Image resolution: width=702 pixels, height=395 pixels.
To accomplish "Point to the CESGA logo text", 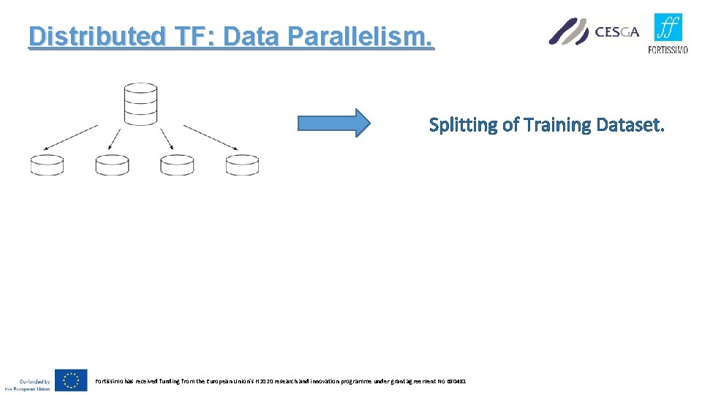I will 616,31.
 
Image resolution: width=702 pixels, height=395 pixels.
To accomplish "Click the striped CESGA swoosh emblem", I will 569,31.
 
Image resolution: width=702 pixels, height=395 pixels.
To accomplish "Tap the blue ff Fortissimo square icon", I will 668,29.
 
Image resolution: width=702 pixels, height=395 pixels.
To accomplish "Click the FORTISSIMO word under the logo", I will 668,50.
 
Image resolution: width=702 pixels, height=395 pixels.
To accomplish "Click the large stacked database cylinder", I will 140,104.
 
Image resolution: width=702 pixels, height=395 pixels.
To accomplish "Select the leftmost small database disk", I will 47,165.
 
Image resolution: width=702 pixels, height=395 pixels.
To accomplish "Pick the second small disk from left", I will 112,165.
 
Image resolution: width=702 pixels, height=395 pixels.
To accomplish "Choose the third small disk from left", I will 177,165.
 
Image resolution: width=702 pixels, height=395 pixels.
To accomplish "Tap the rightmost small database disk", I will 242,165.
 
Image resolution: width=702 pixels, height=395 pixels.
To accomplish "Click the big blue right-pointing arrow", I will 333,123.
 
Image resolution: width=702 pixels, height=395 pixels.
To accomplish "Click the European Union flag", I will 71,380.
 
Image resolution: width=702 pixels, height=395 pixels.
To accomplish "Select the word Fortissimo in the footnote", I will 110,381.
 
